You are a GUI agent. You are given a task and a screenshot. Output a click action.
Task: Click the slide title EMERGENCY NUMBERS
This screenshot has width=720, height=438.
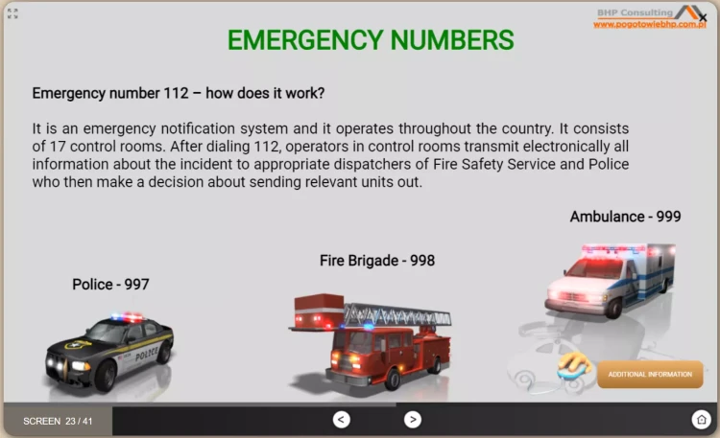(x=371, y=40)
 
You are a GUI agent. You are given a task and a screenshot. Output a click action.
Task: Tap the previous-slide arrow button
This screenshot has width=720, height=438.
(x=342, y=419)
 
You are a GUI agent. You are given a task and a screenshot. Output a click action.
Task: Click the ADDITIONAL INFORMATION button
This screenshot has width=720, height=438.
(x=650, y=375)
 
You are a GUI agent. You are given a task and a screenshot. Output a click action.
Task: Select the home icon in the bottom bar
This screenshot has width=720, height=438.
(x=701, y=419)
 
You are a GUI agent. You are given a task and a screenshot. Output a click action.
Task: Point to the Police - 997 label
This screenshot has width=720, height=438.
(x=110, y=284)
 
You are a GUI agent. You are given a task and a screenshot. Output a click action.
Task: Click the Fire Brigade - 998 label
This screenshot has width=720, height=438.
(x=377, y=260)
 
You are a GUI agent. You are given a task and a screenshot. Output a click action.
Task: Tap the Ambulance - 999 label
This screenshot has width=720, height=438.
(x=625, y=217)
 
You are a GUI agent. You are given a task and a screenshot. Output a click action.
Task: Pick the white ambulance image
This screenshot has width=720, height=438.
(x=609, y=278)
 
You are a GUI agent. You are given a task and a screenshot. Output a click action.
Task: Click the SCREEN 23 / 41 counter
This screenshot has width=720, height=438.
(x=58, y=421)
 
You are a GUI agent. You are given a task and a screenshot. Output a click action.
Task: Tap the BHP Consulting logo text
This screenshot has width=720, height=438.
(x=635, y=12)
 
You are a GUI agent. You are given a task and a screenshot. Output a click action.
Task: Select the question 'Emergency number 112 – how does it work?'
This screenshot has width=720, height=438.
(x=178, y=94)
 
